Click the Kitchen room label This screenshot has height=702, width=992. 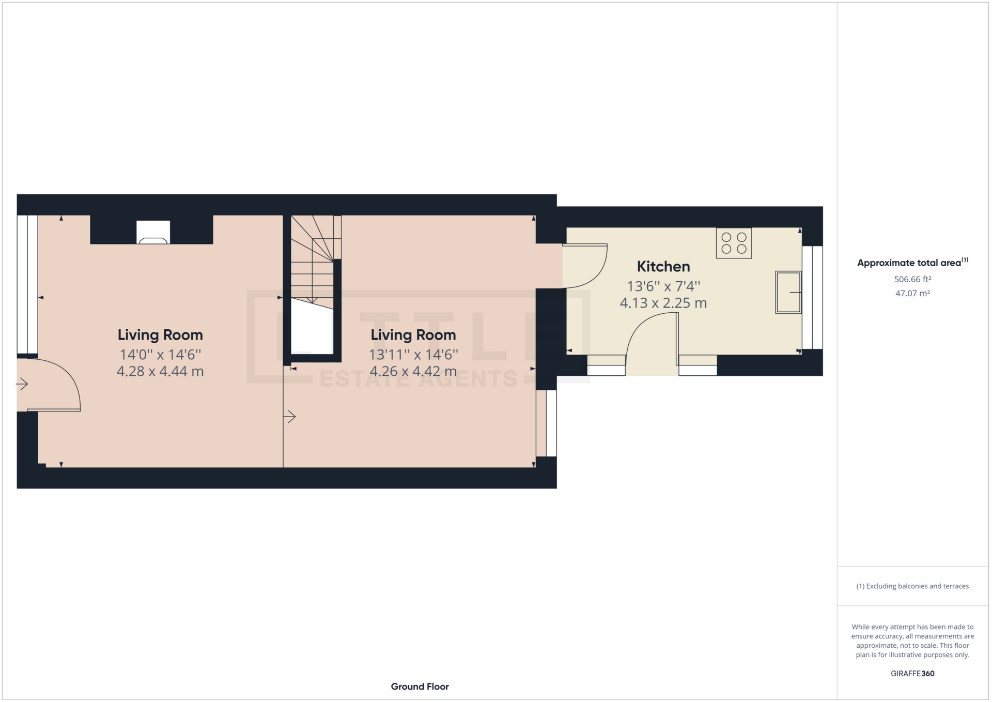click(663, 267)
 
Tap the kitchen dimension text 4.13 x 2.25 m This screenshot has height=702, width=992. click(663, 303)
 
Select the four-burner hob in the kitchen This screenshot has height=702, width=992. click(734, 243)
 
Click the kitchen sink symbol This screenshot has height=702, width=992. click(788, 293)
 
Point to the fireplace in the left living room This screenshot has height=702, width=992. click(153, 233)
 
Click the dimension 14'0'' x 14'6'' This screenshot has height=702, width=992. click(160, 355)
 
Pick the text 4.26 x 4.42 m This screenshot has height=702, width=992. click(413, 371)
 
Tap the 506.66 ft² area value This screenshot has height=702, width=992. click(912, 279)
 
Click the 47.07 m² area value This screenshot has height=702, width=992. click(912, 293)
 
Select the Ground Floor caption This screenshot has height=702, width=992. click(420, 686)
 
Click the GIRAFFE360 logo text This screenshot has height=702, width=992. click(912, 674)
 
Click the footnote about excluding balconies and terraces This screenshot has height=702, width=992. click(912, 586)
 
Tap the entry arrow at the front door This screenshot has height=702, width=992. click(22, 384)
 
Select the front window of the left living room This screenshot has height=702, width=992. click(27, 284)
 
